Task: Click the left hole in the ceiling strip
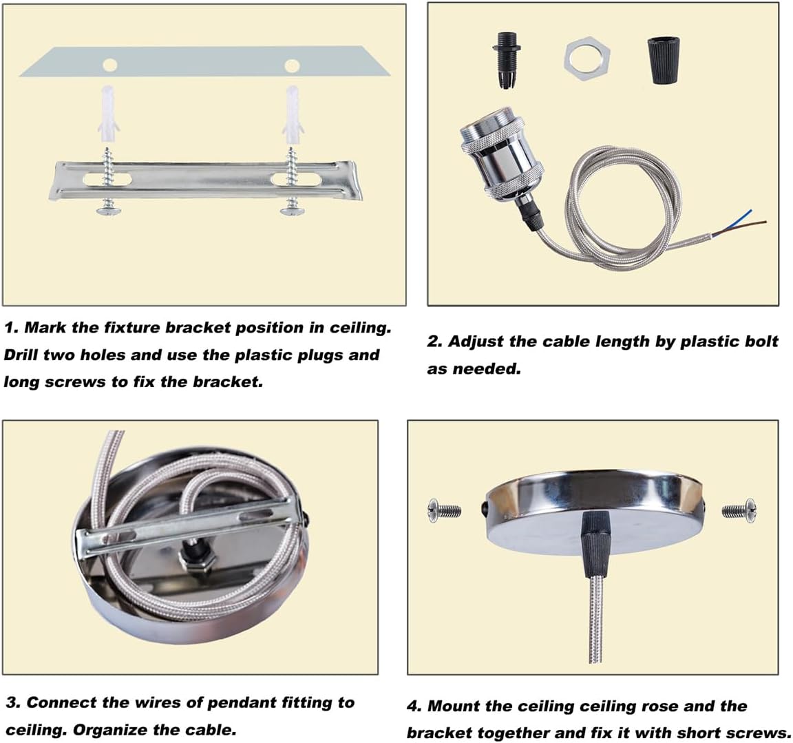[109, 65]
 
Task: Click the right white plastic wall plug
[293, 115]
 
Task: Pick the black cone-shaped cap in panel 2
[663, 61]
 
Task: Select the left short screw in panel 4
[445, 510]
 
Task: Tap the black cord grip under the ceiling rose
[597, 544]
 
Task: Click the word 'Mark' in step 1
[45, 328]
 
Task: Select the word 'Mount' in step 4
[453, 706]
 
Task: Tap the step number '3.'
[14, 702]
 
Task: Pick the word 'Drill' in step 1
[21, 355]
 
